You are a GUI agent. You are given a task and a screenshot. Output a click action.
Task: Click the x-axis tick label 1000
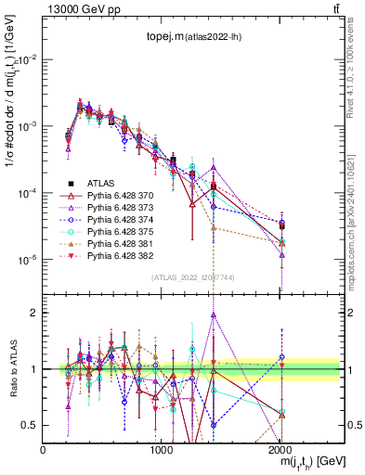click(x=162, y=450)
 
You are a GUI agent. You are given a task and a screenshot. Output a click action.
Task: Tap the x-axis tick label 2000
click(x=280, y=450)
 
